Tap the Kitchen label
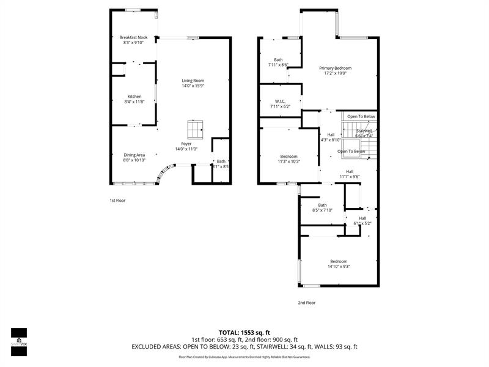pyautogui.click(x=134, y=97)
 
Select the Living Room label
pyautogui.click(x=193, y=81)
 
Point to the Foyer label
pyautogui.click(x=186, y=144)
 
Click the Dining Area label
pyautogui.click(x=134, y=155)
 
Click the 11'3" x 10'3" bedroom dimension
pyautogui.click(x=289, y=161)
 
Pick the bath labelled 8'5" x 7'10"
pyautogui.click(x=322, y=210)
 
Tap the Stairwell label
pyautogui.click(x=364, y=130)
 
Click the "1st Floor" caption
pyautogui.click(x=117, y=200)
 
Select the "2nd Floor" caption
pyautogui.click(x=307, y=302)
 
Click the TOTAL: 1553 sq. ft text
pyautogui.click(x=244, y=332)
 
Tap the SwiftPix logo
pyautogui.click(x=18, y=338)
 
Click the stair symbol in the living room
pyautogui.click(x=196, y=130)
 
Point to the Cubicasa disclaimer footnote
pyautogui.click(x=244, y=357)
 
